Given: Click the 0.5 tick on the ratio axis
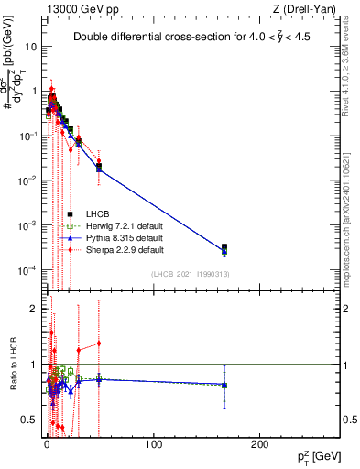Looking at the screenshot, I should pos(30,420).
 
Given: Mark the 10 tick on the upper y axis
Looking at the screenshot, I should pos(32,46).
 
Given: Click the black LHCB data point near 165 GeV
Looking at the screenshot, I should pos(224,247).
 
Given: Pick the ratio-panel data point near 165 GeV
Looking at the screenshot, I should pos(224,385).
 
